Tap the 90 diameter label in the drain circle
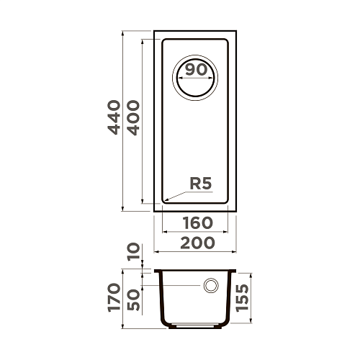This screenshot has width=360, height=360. tap(196, 70)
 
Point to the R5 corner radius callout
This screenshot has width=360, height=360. tap(199, 184)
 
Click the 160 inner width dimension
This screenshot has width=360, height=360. tap(196, 223)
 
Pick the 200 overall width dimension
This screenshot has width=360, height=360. tap(196, 243)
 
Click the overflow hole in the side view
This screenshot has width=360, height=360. tap(212, 286)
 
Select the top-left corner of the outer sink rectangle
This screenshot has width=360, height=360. tap(155, 32)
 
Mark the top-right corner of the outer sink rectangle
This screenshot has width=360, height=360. tap(237, 32)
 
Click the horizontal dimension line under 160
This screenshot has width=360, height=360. tap(196, 232)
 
